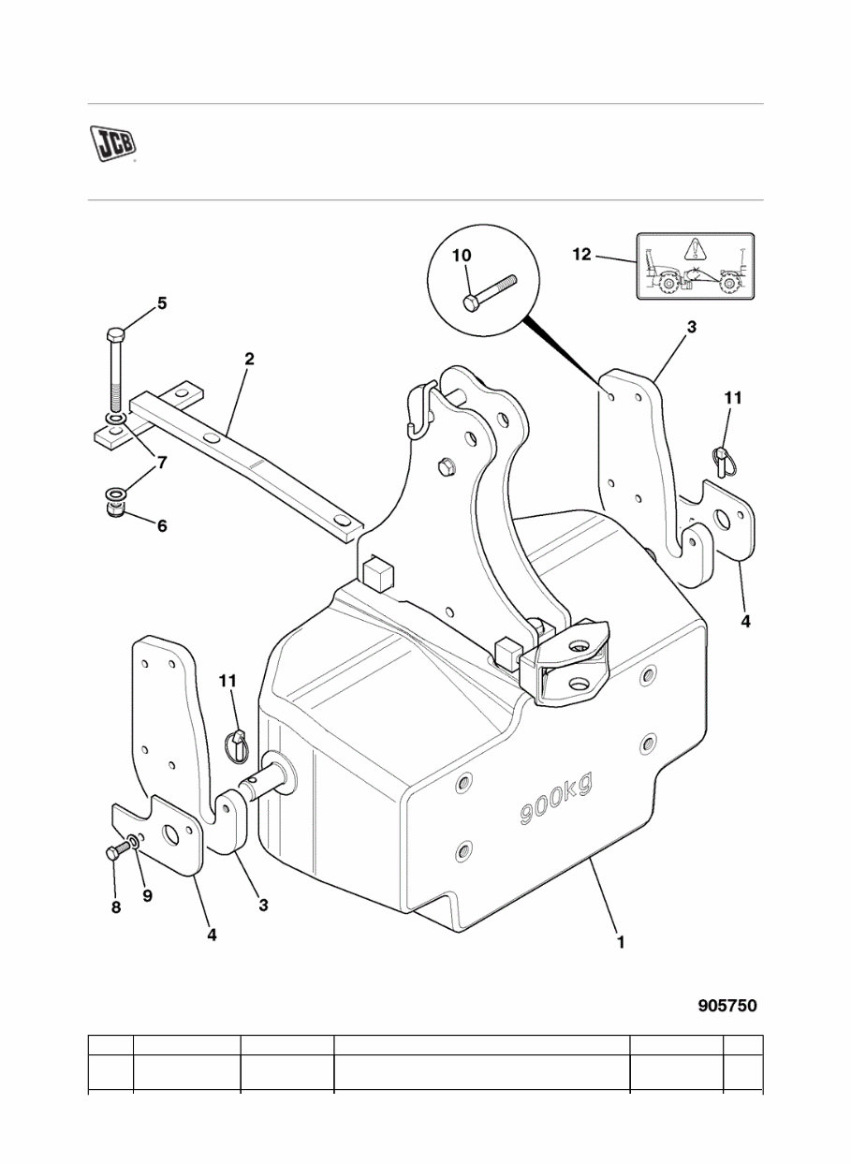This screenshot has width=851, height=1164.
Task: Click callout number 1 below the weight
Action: click(620, 943)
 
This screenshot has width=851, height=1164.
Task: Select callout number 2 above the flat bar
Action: click(249, 360)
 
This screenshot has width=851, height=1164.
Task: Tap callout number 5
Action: click(161, 302)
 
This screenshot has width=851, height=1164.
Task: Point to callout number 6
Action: click(161, 526)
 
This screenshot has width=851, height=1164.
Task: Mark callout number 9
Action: click(147, 895)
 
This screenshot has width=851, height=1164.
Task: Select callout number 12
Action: click(581, 255)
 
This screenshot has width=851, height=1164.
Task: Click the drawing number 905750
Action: click(726, 1006)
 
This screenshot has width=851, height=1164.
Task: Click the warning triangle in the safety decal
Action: click(693, 250)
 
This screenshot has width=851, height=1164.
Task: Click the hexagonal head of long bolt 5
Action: click(115, 335)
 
